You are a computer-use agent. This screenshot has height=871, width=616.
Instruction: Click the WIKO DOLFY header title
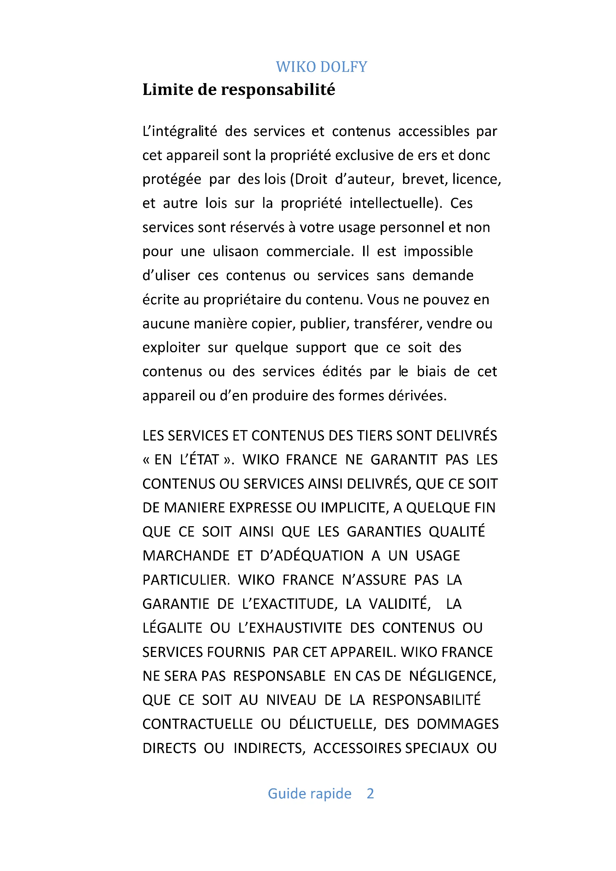(x=321, y=67)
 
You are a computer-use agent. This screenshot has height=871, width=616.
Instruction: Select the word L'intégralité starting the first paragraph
(x=180, y=131)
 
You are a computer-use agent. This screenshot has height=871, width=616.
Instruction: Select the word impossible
(x=438, y=251)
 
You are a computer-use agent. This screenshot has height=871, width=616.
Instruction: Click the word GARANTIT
(x=404, y=460)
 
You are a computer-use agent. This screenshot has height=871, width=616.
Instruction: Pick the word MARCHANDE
(x=186, y=556)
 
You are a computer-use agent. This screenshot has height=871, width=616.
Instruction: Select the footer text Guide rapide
(x=309, y=793)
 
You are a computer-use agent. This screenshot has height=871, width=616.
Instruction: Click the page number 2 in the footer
(x=370, y=793)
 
